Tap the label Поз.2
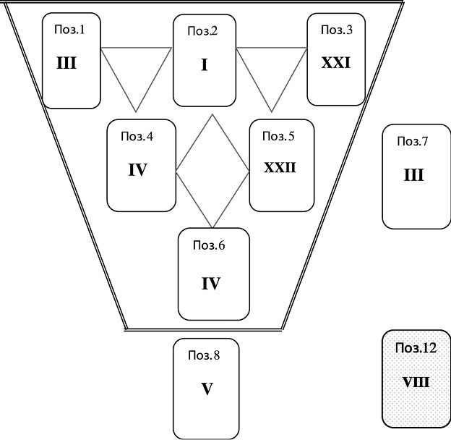coord(203,30)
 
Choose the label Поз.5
coord(279,135)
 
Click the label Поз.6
coord(208,245)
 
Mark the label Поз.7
coord(413,140)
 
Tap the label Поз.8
coord(205,355)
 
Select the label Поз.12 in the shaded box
coord(416,348)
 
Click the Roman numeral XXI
coord(336,63)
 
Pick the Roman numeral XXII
coord(280,168)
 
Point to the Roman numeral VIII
coord(415,381)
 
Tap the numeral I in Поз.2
coord(204,66)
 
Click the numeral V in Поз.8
coord(207,389)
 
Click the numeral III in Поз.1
coord(66,63)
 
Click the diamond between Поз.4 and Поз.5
coord(212,170)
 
